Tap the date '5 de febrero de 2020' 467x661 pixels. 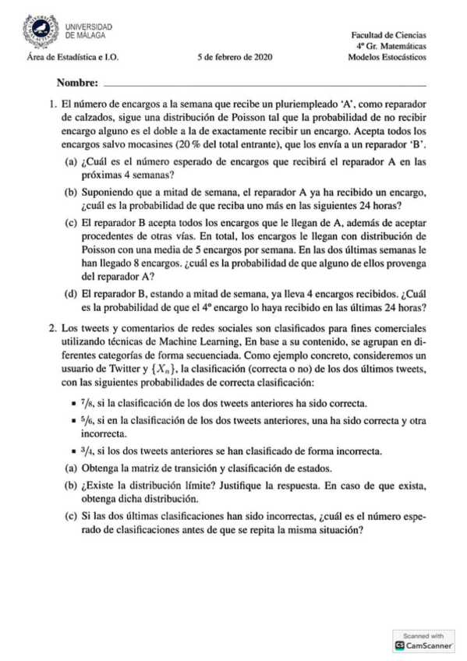pos(234,57)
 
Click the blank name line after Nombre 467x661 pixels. pos(265,84)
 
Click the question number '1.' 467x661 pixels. pos(53,103)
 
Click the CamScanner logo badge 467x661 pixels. pos(425,641)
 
